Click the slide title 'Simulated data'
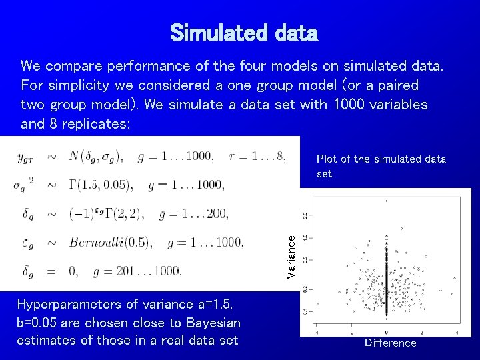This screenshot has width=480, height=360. [x=244, y=32]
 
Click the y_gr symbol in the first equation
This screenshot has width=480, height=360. [x=25, y=157]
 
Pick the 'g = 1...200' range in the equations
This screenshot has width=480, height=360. [x=193, y=213]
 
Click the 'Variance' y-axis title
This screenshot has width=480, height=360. [x=291, y=258]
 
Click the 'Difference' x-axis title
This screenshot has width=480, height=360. [x=390, y=343]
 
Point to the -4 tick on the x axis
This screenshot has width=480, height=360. [x=315, y=331]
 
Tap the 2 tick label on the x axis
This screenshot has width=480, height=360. [x=422, y=331]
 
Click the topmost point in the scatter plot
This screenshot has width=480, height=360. [x=387, y=201]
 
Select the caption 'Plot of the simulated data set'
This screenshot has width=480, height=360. [x=381, y=166]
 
